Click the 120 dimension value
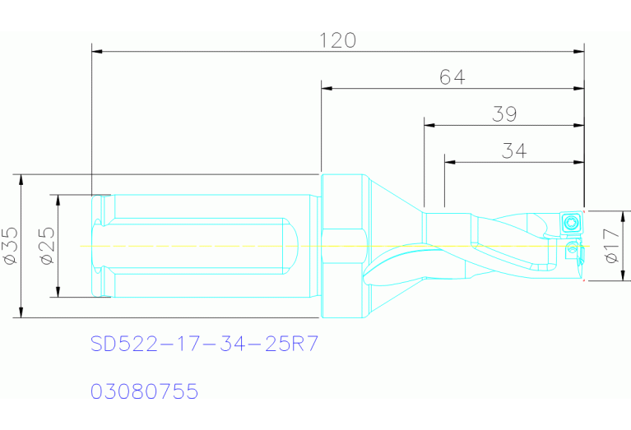point(338,40)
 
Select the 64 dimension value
point(452,77)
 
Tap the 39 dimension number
point(503,115)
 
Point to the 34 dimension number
point(513,150)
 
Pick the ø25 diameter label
point(47,246)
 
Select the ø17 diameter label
point(610,245)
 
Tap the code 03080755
point(144,391)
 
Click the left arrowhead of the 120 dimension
point(97,52)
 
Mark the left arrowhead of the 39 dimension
point(429,125)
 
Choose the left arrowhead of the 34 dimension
point(449,161)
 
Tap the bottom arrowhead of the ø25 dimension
point(58,292)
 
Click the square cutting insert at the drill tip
point(568,222)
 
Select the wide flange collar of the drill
point(343,245)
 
